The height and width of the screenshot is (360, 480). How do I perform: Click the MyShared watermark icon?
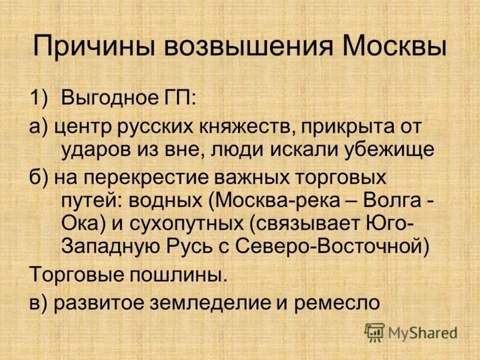374,332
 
